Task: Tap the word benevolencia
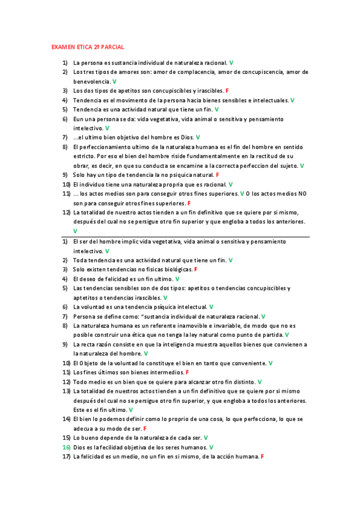tap(91, 81)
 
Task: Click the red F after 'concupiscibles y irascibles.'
tap(227, 90)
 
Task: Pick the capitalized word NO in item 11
tap(302, 194)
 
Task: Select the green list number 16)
tap(66, 447)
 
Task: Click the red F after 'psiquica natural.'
tap(217, 174)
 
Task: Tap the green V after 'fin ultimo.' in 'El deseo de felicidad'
tap(177, 278)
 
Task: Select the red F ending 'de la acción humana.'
tap(263, 457)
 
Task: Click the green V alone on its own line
tap(75, 231)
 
